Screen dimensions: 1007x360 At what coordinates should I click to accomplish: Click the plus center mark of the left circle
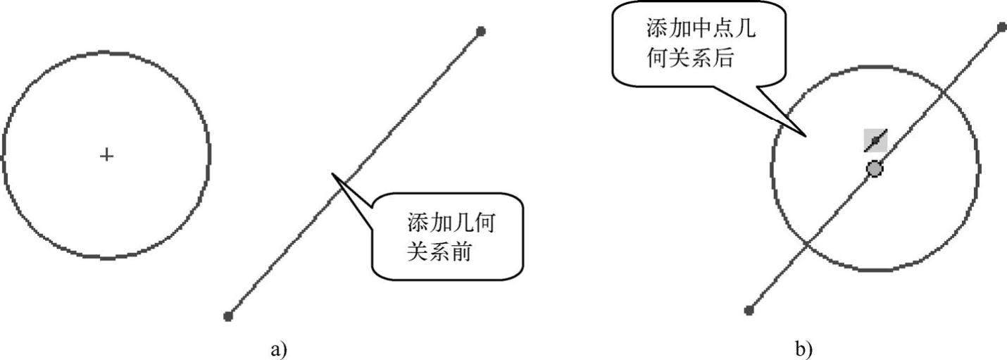tap(106, 154)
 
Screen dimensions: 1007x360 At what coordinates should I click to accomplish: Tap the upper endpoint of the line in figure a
tap(481, 31)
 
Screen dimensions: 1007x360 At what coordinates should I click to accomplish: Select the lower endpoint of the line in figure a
tap(228, 316)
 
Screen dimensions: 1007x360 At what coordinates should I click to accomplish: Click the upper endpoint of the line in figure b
tap(1002, 27)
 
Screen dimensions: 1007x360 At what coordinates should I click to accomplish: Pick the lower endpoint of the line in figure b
tap(749, 310)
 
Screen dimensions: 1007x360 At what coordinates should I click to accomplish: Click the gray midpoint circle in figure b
tap(874, 169)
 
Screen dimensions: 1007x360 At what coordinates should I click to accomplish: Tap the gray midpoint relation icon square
tap(875, 140)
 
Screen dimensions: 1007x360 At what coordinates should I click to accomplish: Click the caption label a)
tap(279, 349)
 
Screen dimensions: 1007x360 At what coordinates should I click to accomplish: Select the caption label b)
tap(803, 349)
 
